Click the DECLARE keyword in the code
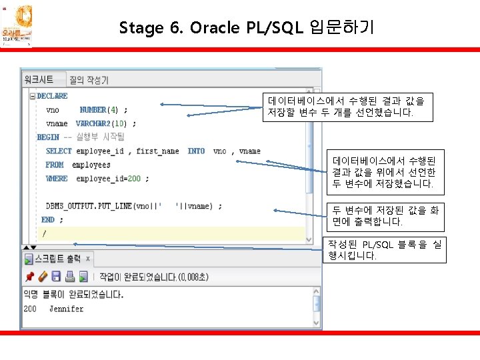[x=53, y=96]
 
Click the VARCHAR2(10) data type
[x=101, y=124]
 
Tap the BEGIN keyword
[x=48, y=137]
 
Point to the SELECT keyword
[x=59, y=151]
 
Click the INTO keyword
[x=196, y=151]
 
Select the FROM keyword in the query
[x=55, y=165]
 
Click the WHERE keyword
[x=57, y=179]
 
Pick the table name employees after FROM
[x=91, y=165]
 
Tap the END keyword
[x=48, y=219]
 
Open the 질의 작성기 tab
[x=89, y=80]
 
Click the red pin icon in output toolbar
[x=29, y=276]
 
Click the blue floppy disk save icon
[x=57, y=276]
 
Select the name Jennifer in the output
[x=67, y=309]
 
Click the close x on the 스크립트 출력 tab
[x=88, y=258]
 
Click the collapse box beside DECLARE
[x=33, y=96]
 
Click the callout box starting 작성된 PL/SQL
[x=384, y=249]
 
